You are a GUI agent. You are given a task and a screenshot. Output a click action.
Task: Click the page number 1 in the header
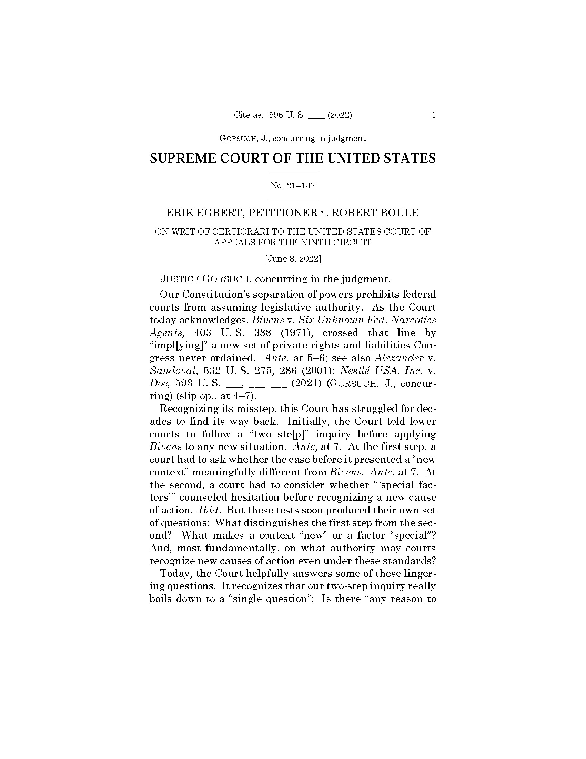[x=434, y=115]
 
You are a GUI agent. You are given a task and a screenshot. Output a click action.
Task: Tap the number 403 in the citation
[x=203, y=333]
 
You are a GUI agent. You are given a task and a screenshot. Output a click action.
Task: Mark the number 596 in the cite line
[x=276, y=115]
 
